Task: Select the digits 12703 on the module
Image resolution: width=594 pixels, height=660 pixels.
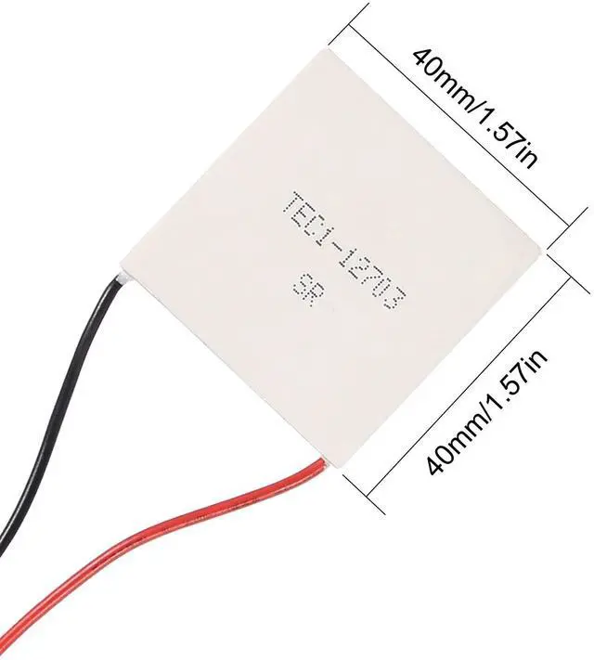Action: (x=373, y=281)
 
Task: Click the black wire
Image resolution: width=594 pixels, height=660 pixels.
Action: (x=56, y=390)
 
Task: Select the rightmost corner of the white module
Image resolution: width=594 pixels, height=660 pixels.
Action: (x=541, y=249)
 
